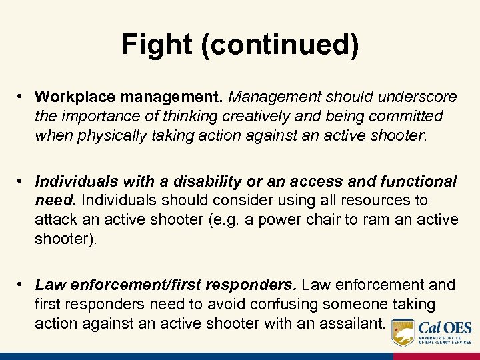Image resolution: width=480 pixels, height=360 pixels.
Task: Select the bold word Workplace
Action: pos(69,97)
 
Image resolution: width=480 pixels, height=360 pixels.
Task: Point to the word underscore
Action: pos(419,97)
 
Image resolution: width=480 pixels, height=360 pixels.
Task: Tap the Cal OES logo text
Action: pos(445,328)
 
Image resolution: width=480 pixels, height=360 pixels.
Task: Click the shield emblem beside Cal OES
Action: pos(403,332)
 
